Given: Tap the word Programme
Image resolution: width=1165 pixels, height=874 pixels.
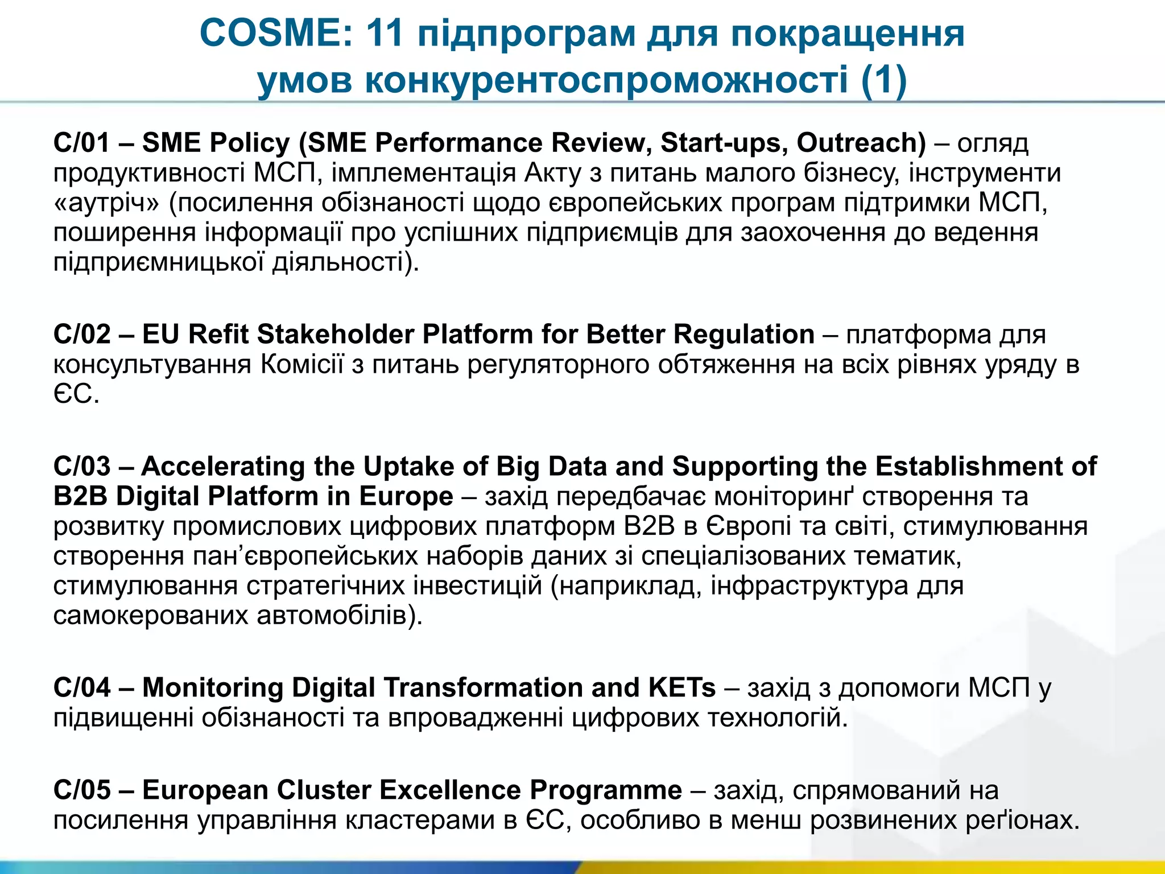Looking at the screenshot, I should pyautogui.click(x=606, y=790).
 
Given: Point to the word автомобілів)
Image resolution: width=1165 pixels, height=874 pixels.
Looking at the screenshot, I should pyautogui.click(x=340, y=615).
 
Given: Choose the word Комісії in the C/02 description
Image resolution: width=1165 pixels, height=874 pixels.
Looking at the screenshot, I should pyautogui.click(x=302, y=364).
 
